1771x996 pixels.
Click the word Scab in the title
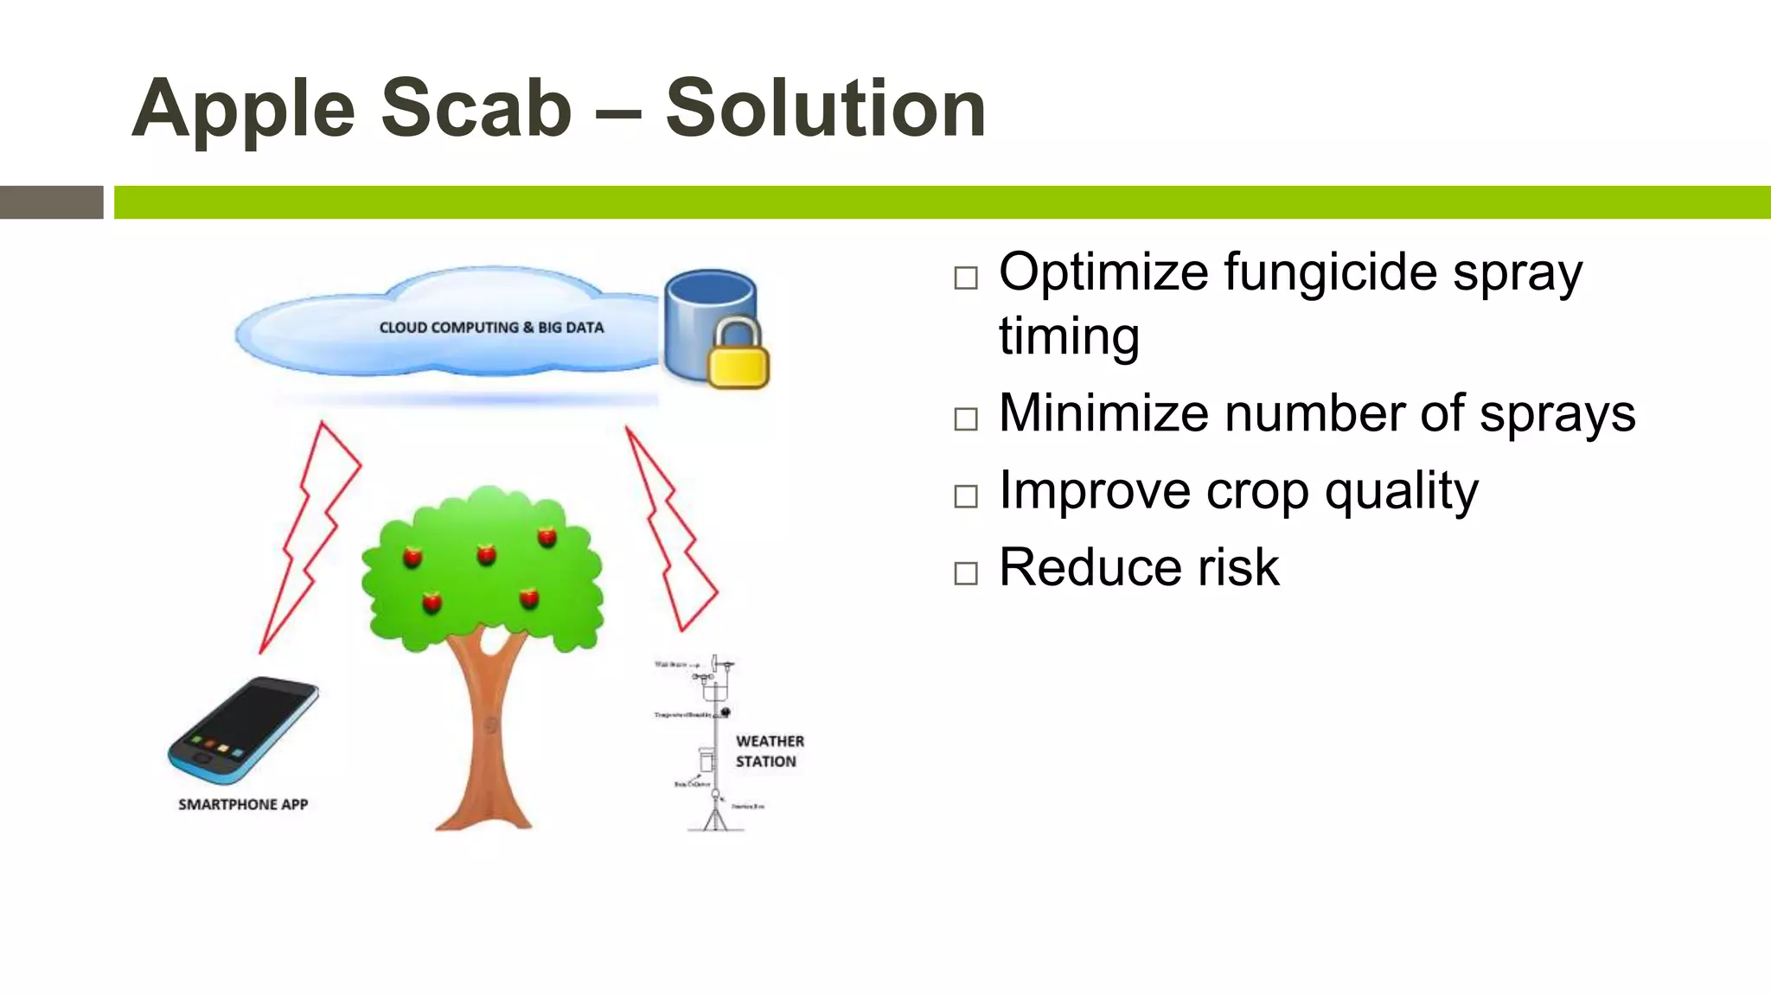[476, 108]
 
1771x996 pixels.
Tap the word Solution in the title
[826, 108]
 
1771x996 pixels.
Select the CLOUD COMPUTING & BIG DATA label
[491, 328]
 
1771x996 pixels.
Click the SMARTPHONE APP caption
[243, 804]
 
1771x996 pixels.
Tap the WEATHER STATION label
[769, 751]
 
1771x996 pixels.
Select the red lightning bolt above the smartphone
[310, 536]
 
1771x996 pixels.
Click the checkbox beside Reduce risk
[966, 573]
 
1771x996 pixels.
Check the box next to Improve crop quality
[966, 496]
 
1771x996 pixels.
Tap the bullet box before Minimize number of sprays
[966, 419]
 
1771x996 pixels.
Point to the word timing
[1069, 337]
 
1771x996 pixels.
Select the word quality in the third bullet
[1401, 493]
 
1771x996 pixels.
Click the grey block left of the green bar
[51, 202]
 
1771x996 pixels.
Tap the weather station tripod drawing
[716, 813]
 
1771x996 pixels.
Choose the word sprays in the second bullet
[1557, 415]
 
